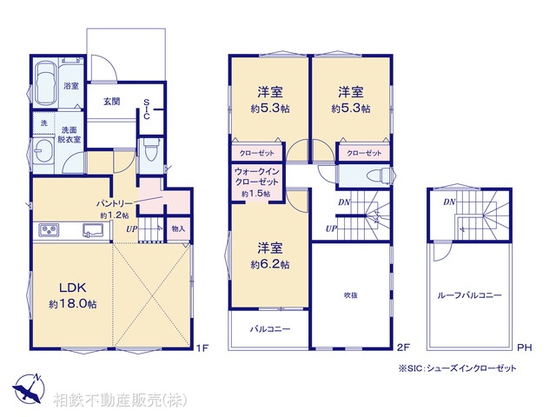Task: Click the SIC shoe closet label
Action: [x=148, y=108]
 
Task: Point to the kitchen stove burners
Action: [x=47, y=230]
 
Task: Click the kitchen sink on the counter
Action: [x=91, y=230]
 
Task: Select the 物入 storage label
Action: [x=178, y=228]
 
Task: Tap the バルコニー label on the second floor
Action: [x=270, y=330]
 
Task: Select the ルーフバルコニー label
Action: [x=469, y=296]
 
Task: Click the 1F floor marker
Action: [x=202, y=348]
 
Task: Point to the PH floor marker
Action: [x=524, y=348]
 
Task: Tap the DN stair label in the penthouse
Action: [x=449, y=202]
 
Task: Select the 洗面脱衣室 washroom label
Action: [x=69, y=134]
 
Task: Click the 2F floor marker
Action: [x=402, y=348]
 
